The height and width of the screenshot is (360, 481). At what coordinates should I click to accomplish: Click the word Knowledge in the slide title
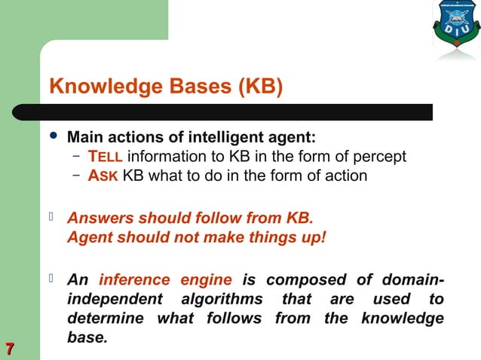94,87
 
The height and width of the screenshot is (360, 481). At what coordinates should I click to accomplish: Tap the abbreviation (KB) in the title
261,87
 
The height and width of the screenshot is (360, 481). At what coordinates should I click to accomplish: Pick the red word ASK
103,176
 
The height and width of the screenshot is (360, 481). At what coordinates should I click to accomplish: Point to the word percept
381,157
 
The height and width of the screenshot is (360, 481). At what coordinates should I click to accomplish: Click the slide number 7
10,348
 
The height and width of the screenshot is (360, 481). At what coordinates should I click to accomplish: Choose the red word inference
135,280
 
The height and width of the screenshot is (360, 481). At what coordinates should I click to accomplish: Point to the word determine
107,318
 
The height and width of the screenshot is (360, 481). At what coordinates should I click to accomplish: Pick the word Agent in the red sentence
90,237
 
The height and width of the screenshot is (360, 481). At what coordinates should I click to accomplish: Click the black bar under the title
241,112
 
